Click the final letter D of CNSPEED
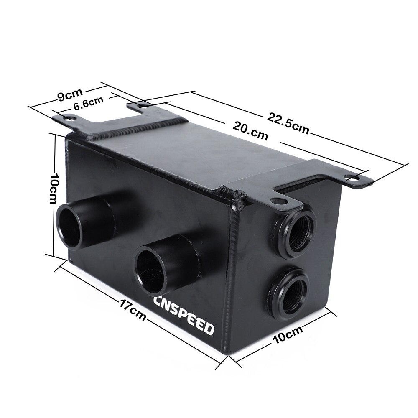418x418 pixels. point(208,329)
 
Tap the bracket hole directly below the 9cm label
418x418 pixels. point(68,118)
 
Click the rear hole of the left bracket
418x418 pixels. point(144,106)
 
